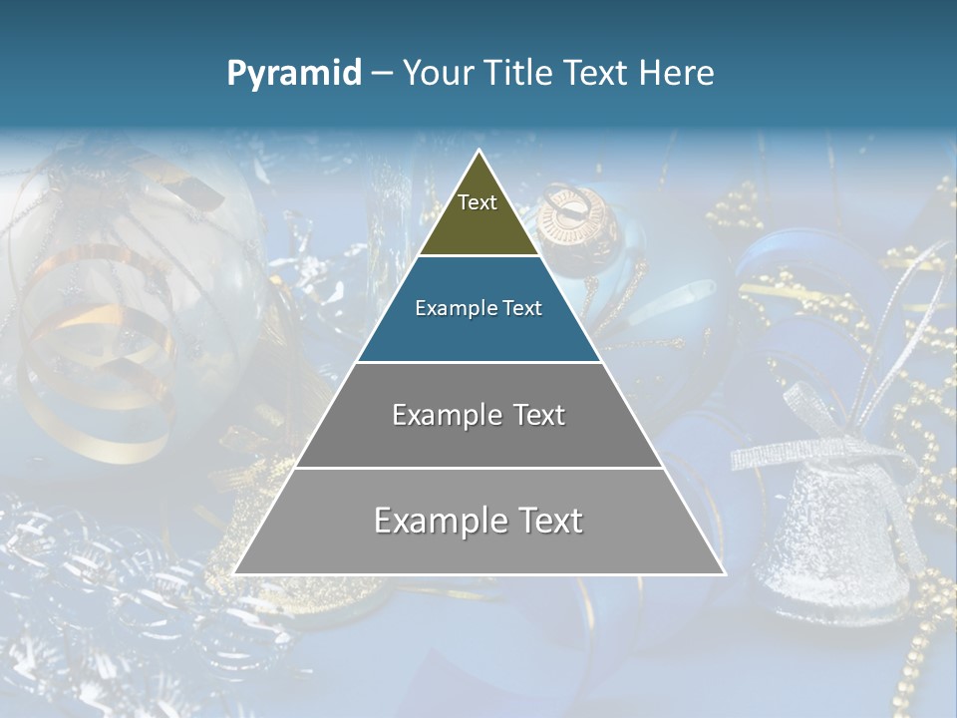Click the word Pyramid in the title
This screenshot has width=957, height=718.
[x=293, y=74]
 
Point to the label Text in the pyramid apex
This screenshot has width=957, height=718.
[x=478, y=202]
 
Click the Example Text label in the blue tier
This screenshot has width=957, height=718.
[x=478, y=308]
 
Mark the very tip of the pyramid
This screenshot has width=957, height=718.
[x=479, y=151]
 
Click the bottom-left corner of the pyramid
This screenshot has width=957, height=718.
[x=235, y=573]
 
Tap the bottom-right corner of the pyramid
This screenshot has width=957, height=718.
[x=724, y=573]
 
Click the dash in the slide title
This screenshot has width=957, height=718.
[x=381, y=74]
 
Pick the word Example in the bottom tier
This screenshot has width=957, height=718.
[x=433, y=521]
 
